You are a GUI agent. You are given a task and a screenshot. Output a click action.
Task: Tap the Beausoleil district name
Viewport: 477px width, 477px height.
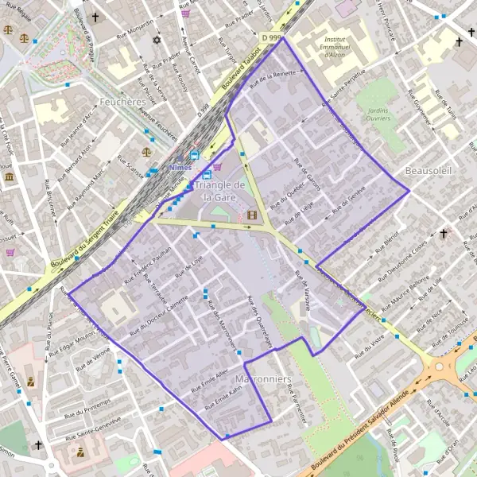(428, 171)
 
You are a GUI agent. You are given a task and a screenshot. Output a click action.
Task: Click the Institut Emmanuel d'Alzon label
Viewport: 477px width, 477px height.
(343, 48)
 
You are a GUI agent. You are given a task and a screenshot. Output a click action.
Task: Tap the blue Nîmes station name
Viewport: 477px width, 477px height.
(181, 168)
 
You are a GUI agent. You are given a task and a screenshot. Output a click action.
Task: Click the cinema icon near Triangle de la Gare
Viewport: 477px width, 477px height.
(252, 214)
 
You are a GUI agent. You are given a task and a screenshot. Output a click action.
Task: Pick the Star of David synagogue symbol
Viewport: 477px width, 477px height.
(157, 40)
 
